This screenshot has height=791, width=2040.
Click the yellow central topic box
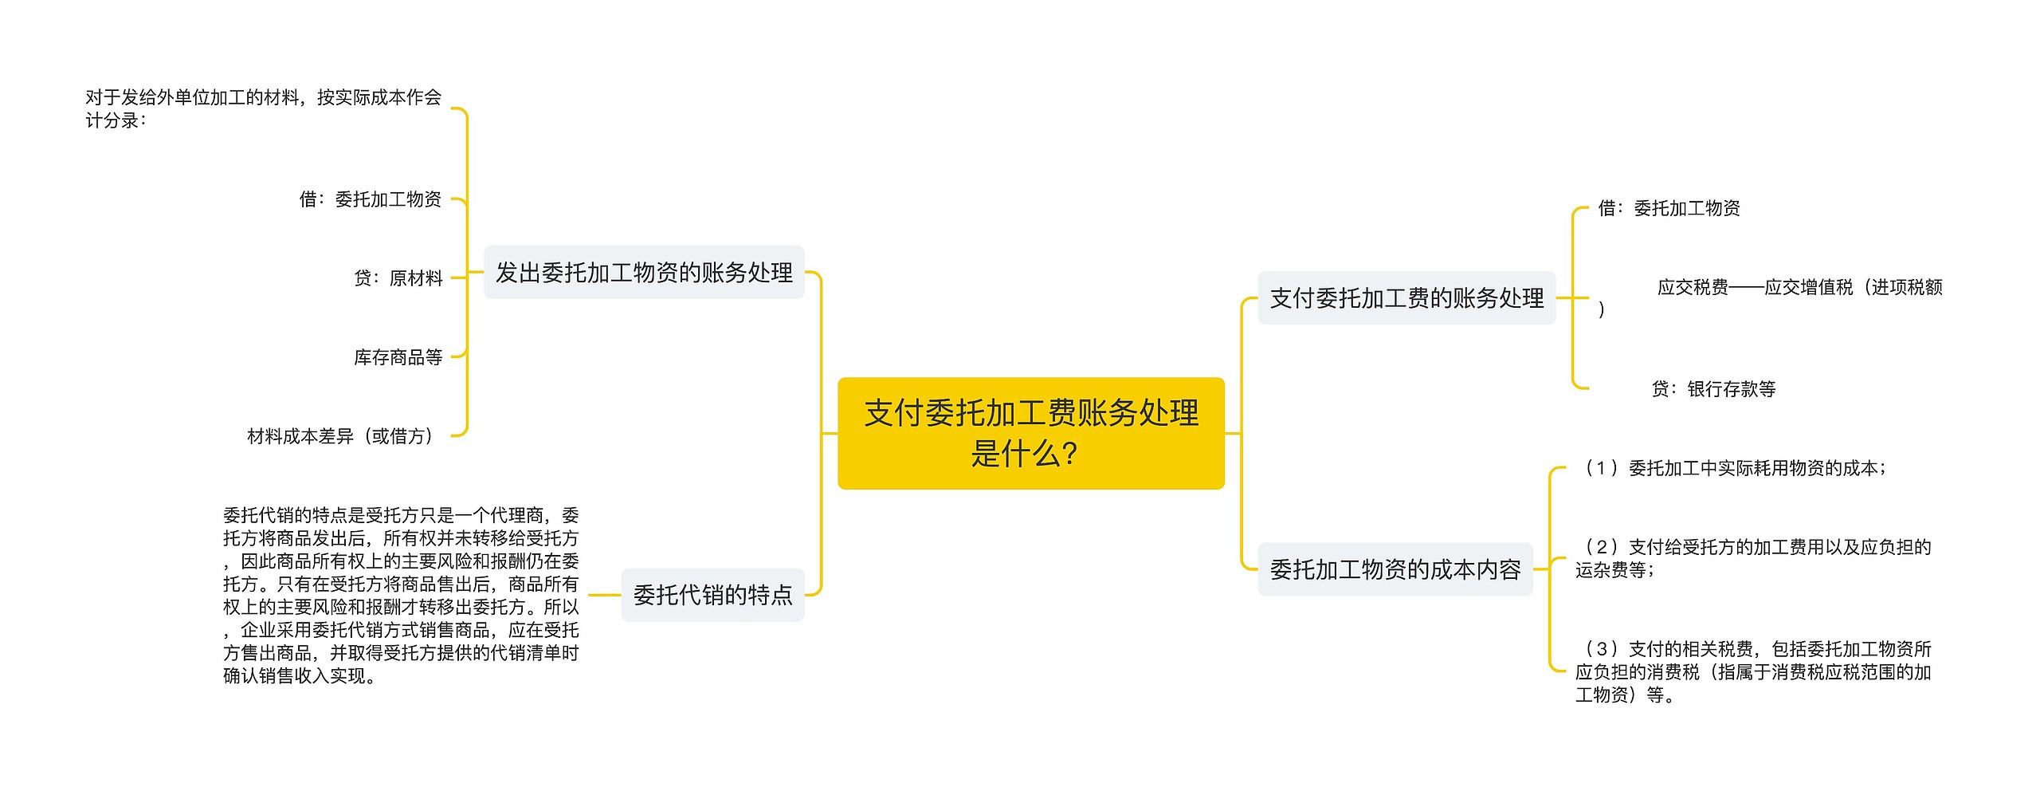[1030, 433]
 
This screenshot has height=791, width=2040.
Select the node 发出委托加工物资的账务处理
[644, 273]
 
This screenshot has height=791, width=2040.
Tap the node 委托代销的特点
[712, 595]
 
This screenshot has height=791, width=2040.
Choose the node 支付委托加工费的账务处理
[1406, 298]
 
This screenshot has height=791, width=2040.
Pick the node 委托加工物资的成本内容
[1395, 569]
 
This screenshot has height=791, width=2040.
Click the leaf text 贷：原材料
[398, 278]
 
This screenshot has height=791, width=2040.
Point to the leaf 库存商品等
[398, 357]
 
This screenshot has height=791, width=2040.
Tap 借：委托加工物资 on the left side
[371, 199]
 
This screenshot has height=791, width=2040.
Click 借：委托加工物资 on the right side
[1669, 208]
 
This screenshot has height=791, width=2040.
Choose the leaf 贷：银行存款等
[1713, 389]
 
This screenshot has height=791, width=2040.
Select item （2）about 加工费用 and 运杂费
[1753, 558]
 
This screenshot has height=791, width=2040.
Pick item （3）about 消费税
[1753, 671]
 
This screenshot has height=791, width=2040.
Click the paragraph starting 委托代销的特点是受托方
[401, 595]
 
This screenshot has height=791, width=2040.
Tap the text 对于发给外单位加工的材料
[263, 108]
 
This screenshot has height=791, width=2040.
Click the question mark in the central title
[1070, 455]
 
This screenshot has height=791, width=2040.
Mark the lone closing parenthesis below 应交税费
[1602, 309]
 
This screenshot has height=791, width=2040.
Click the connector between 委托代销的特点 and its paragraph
[604, 595]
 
